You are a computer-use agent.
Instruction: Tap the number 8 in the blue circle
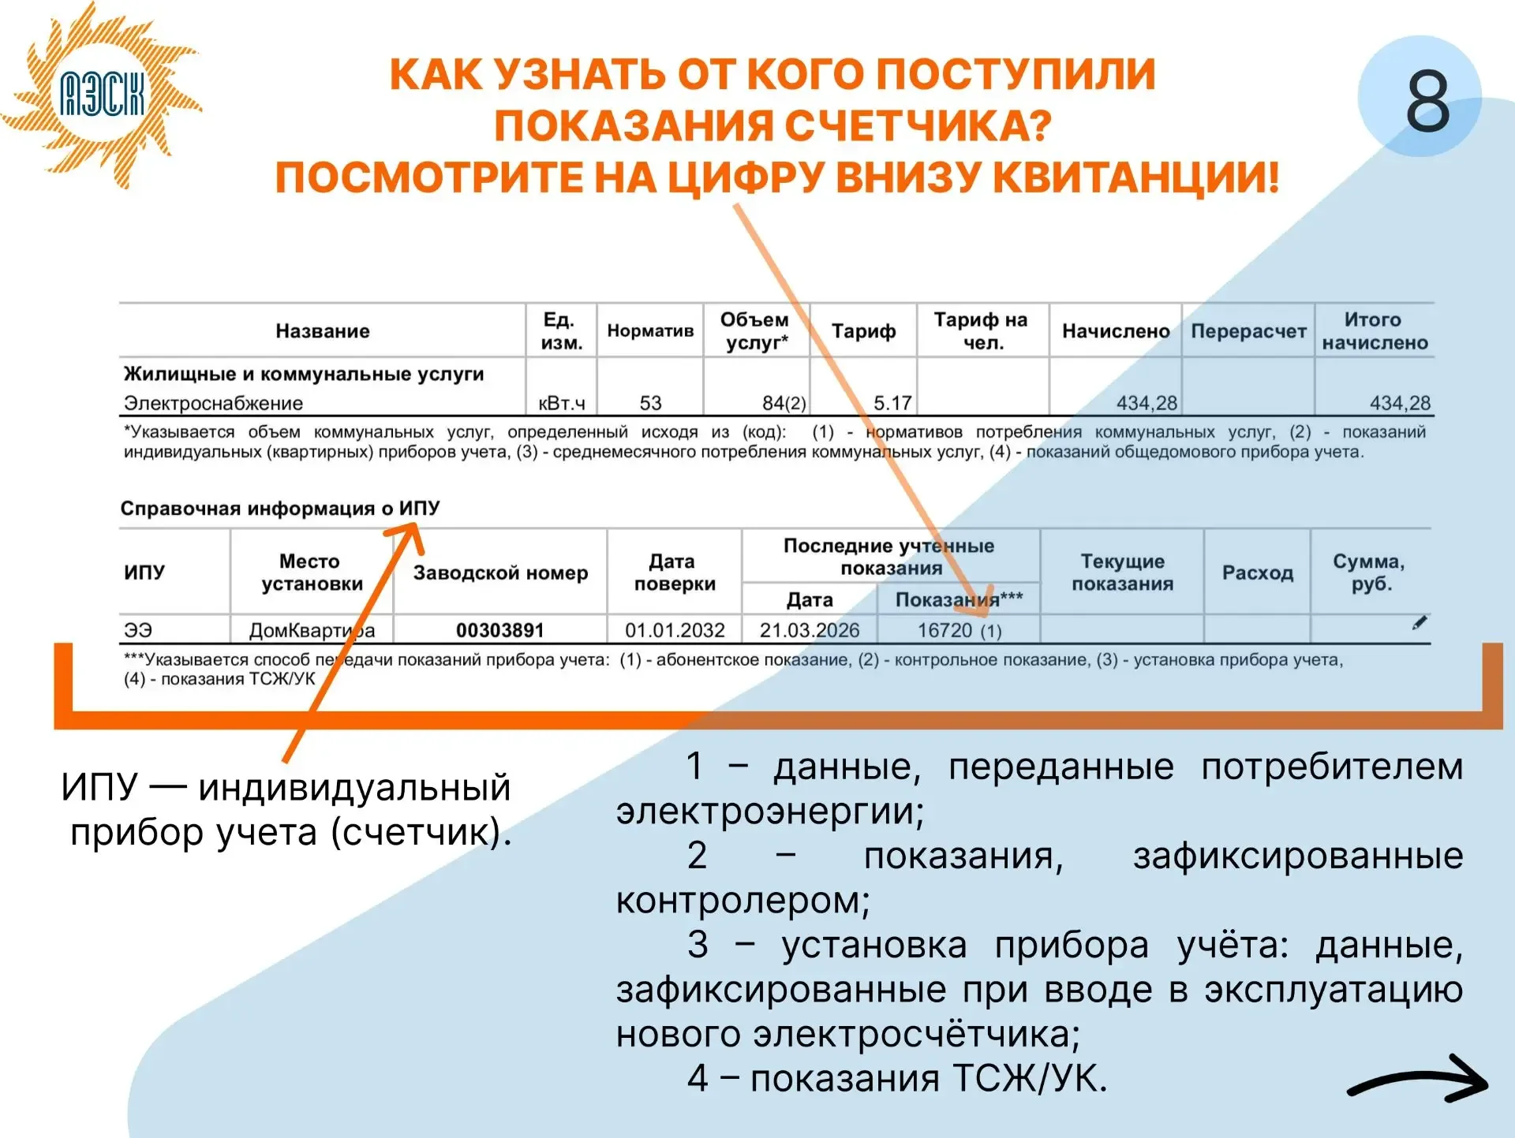pos(1427,100)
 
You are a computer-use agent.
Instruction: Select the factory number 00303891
pos(500,630)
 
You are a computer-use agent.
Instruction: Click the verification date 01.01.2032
pos(675,630)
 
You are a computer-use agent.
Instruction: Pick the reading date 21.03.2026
pos(810,630)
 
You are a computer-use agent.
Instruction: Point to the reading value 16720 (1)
pos(959,630)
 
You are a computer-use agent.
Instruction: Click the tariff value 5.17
pos(892,403)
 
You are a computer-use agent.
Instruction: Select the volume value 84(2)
pos(784,403)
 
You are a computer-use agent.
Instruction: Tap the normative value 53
pos(650,403)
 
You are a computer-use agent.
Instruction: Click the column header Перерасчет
pos(1248,331)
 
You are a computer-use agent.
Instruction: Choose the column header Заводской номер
pos(500,573)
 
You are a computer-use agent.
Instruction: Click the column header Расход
pos(1257,573)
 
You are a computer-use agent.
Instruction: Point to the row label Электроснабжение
pos(213,403)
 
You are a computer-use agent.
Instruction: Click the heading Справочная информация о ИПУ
pos(280,508)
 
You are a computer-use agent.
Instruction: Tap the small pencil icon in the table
pos(1420,623)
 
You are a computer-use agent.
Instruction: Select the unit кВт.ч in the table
pos(562,403)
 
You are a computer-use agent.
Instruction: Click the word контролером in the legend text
pos(743,900)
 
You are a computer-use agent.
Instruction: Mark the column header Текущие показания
pos(1122,573)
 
